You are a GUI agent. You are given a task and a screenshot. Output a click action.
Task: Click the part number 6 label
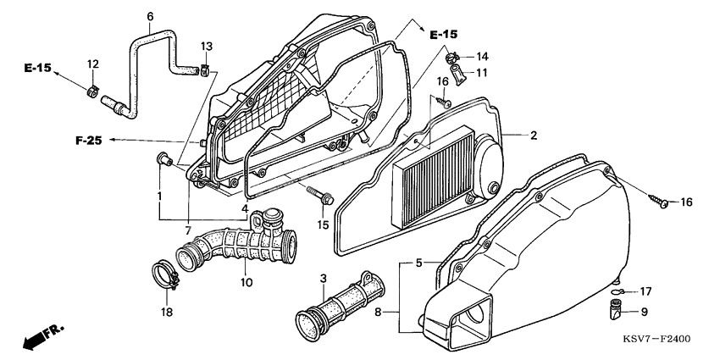150,16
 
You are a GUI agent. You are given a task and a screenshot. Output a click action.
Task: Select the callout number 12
93,64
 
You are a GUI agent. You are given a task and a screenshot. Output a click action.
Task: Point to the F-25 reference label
90,140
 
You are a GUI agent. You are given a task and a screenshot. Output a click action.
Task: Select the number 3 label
323,279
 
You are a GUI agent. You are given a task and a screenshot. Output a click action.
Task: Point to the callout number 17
645,291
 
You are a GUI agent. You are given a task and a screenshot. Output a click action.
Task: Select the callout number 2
534,136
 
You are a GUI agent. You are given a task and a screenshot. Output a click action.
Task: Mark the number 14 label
481,57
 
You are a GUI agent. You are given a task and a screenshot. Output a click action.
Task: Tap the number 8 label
389,313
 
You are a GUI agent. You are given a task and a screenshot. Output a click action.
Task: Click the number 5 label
418,263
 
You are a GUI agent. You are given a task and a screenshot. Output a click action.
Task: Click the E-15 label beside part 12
37,66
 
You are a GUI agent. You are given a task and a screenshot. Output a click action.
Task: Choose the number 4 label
245,208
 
